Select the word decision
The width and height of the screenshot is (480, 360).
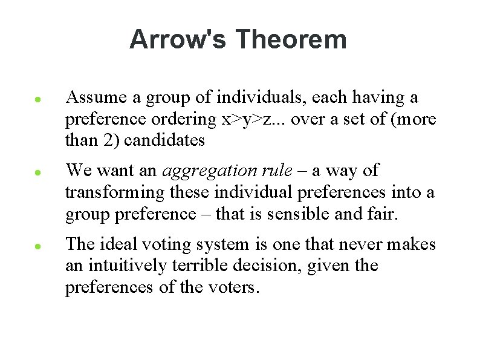266,266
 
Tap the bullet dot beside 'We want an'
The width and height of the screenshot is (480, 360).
37,172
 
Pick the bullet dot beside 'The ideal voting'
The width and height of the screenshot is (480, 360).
37,246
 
